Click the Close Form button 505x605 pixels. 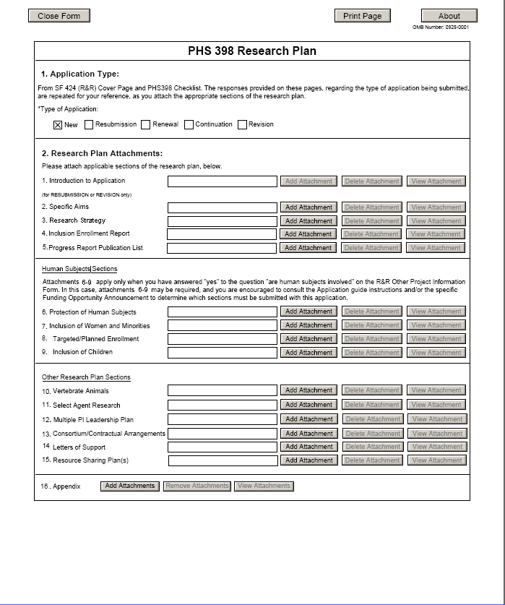coord(59,16)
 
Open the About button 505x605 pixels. coord(449,16)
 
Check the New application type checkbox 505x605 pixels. coord(58,124)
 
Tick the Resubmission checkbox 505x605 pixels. coord(89,124)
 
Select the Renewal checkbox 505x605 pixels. coord(146,124)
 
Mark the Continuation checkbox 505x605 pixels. coord(189,124)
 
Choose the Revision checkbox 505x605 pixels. coord(242,124)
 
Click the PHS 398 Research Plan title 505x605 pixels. coord(251,51)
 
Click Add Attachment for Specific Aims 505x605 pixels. coord(308,207)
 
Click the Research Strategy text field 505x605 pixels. coord(223,221)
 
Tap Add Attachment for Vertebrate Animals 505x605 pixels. coord(308,391)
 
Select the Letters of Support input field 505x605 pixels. coord(223,447)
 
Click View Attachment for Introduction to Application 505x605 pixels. coord(436,181)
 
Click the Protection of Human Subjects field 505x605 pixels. coord(223,312)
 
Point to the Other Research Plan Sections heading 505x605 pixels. coord(86,377)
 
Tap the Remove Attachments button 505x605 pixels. coord(197,486)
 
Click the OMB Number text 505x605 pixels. coord(441,27)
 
